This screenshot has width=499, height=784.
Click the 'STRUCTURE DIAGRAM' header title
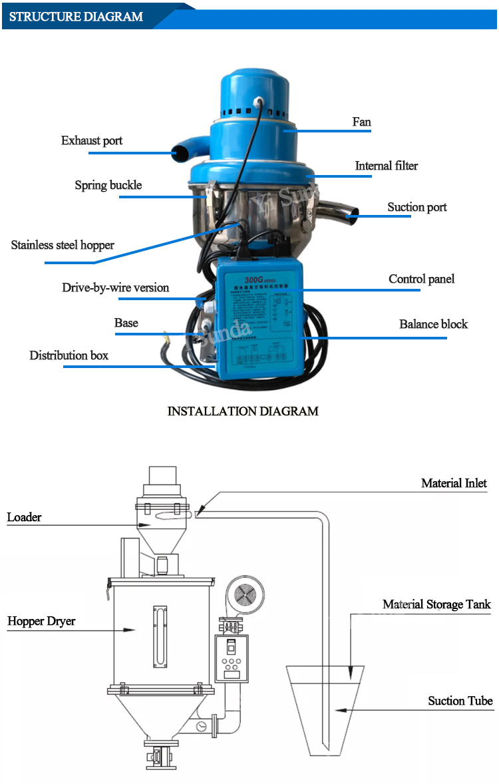76,17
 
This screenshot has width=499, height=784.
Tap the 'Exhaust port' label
92,140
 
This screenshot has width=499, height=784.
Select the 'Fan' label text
361,122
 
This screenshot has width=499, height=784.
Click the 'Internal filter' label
386,166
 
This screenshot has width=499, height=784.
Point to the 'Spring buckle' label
108,185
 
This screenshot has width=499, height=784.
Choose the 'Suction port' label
416,207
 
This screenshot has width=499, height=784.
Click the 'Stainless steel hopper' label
63,245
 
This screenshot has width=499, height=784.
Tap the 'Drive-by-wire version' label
115,288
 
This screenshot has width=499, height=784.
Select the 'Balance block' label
433,324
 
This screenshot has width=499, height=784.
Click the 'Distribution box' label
69,355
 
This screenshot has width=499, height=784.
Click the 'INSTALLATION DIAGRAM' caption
242,411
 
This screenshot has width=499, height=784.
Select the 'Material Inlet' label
454,483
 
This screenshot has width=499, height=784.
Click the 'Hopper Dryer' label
41,621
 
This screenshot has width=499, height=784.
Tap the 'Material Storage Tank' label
436,604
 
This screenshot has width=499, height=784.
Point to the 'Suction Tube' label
460,701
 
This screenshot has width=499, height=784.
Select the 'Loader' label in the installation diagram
24,517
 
